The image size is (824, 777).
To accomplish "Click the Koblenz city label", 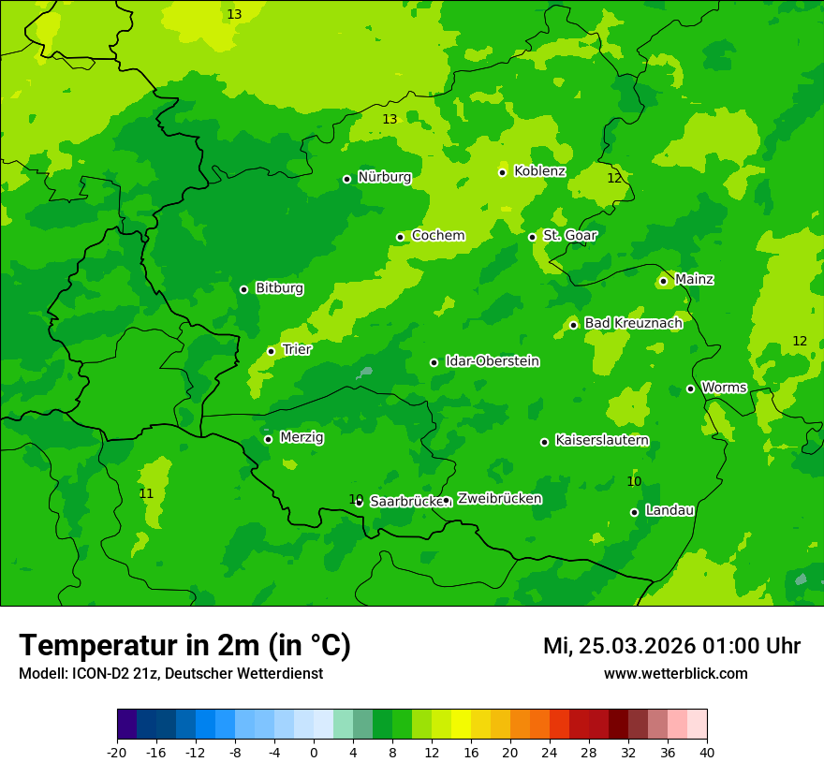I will click(x=539, y=171).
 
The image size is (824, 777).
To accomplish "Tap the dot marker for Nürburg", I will click(x=346, y=179).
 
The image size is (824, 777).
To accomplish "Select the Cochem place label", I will click(x=438, y=236).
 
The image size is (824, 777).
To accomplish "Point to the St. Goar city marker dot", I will click(x=532, y=237).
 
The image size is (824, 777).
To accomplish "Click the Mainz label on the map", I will click(x=694, y=280).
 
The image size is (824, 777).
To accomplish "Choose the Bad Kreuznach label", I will click(x=633, y=323).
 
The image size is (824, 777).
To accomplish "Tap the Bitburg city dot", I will click(x=243, y=289).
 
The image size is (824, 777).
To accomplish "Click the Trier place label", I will click(x=297, y=350).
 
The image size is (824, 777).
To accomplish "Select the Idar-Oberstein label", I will click(x=492, y=361).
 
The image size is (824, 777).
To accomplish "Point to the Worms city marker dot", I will click(x=690, y=388).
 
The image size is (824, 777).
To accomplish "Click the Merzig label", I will click(x=302, y=438).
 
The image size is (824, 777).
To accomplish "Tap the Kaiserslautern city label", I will click(x=601, y=441).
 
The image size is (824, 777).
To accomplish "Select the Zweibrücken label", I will click(x=499, y=499).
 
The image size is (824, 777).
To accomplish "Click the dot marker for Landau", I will click(x=634, y=512).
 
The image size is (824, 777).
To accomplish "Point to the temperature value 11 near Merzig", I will click(x=146, y=493).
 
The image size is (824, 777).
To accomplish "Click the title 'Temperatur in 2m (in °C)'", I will click(x=184, y=645).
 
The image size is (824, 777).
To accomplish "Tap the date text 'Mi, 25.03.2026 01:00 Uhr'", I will click(x=671, y=646).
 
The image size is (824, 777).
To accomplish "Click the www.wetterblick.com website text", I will click(x=675, y=674).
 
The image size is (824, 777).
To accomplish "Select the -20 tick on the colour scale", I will click(x=117, y=752).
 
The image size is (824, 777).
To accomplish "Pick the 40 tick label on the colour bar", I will click(x=707, y=752).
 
